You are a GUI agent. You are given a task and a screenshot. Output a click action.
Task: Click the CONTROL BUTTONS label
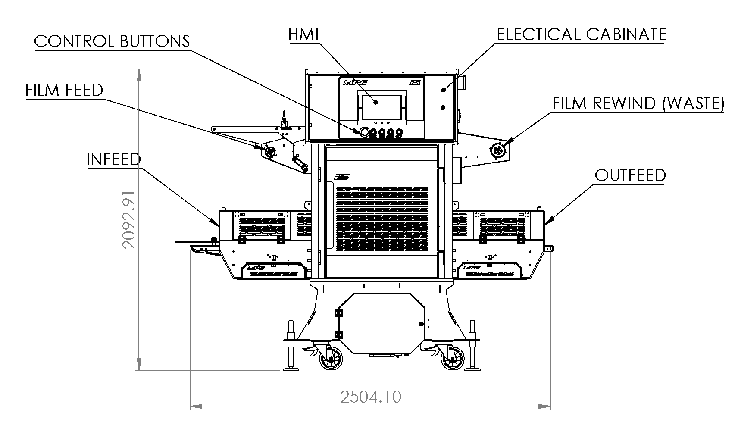pyautogui.click(x=112, y=41)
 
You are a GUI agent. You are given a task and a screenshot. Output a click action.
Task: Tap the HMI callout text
pyautogui.click(x=303, y=34)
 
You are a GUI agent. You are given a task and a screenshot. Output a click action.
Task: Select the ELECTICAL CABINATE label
pyautogui.click(x=582, y=34)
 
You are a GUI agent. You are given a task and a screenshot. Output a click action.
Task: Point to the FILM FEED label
pyautogui.click(x=64, y=90)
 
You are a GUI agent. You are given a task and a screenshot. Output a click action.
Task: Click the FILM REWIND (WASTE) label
pyautogui.click(x=638, y=103)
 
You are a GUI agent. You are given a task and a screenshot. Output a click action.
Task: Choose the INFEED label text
pyautogui.click(x=114, y=159)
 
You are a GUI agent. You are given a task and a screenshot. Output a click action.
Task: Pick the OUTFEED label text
pyautogui.click(x=630, y=175)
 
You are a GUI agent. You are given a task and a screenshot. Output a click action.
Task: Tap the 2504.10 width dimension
pyautogui.click(x=371, y=397)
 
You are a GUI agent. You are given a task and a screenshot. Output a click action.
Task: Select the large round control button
pyautogui.click(x=365, y=132)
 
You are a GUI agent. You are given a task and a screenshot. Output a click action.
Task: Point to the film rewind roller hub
pyautogui.click(x=498, y=150)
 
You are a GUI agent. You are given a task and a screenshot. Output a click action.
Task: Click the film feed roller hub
pyautogui.click(x=270, y=152)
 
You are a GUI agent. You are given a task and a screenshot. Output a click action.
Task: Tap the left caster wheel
pyautogui.click(x=331, y=358)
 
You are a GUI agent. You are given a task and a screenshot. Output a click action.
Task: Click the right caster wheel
pyautogui.click(x=453, y=358)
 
